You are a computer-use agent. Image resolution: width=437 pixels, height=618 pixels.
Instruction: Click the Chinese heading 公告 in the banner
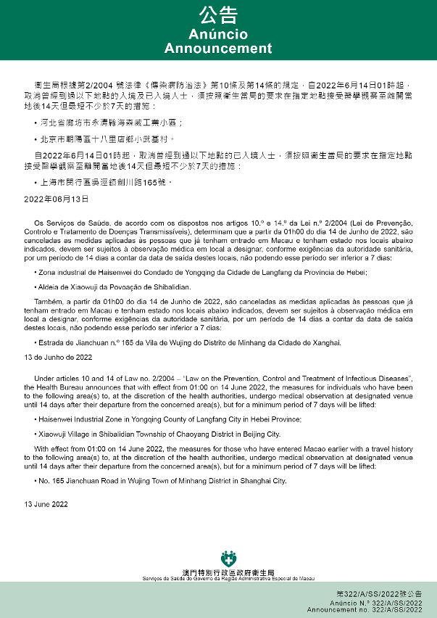coord(218,15)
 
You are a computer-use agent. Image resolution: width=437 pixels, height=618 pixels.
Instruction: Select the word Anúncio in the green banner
coord(218,35)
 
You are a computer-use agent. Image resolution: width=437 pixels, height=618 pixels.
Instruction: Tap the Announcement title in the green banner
coord(218,49)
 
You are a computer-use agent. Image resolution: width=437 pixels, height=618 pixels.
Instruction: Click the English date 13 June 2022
coord(46,503)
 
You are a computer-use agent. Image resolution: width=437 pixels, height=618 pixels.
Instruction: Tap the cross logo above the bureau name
coord(229,560)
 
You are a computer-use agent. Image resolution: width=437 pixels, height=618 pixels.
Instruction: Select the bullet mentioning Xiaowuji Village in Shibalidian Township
coord(159,434)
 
